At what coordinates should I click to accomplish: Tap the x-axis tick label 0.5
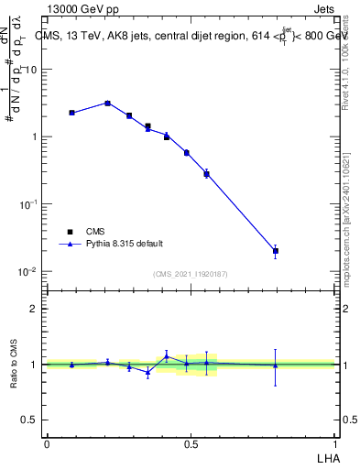(x=191, y=443)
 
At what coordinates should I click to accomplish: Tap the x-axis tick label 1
(x=334, y=443)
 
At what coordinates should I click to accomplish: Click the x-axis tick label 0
(x=47, y=443)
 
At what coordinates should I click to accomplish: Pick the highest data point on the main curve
(x=107, y=103)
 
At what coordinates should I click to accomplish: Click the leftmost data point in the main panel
(x=71, y=113)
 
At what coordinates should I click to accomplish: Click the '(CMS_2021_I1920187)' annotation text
(x=191, y=273)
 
